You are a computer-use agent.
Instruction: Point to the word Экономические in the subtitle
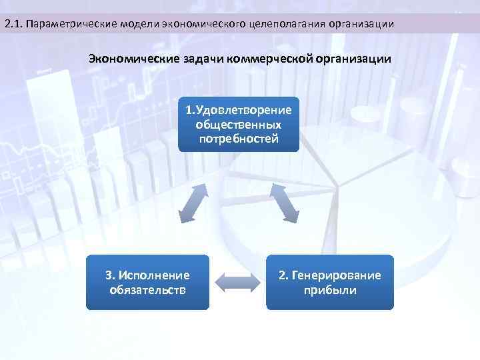point(127,59)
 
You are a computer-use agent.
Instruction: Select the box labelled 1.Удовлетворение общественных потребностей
point(239,124)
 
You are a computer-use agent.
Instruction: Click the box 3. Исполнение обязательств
point(147,283)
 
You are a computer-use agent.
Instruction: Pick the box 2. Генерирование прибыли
point(330,283)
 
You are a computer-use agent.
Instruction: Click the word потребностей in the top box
point(239,139)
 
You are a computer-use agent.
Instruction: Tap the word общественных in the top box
point(239,125)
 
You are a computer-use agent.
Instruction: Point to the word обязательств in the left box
point(147,290)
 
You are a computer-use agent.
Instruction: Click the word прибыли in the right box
point(330,290)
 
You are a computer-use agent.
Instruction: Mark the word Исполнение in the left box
point(155,275)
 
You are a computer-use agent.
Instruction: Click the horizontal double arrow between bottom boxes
point(238,281)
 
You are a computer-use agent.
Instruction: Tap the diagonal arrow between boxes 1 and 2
point(284,203)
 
